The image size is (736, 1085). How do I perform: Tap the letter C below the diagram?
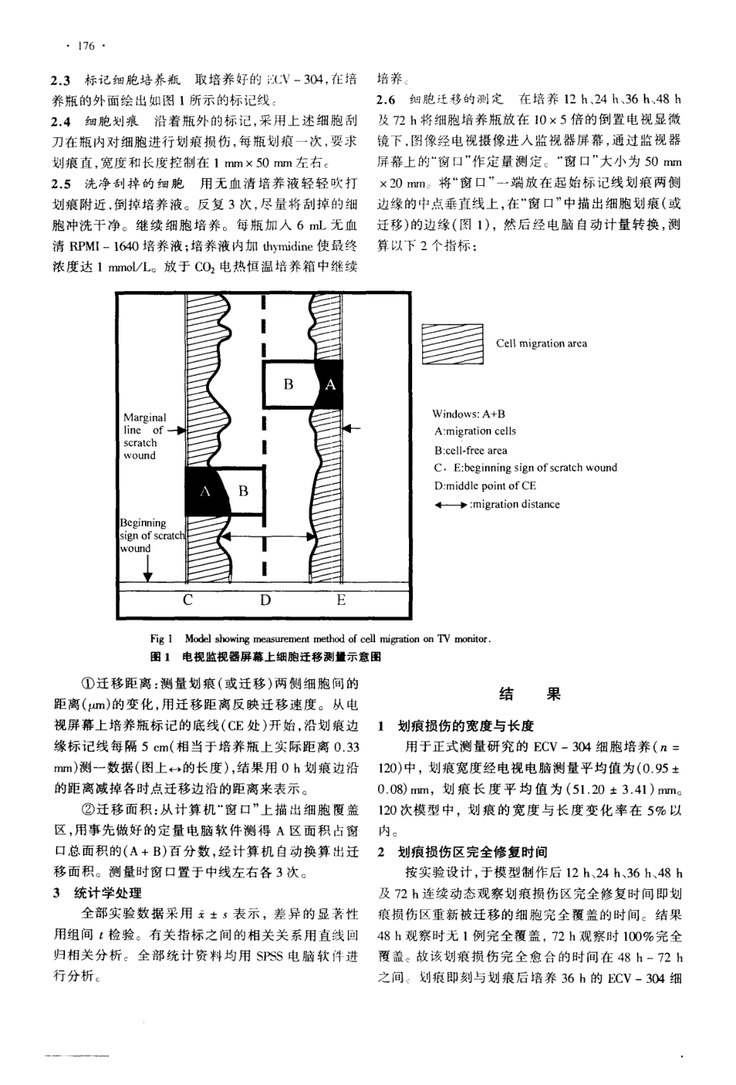(188, 600)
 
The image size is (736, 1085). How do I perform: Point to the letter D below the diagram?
(265, 600)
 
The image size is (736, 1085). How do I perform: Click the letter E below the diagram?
(341, 600)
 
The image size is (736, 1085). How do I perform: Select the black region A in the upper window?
(330, 383)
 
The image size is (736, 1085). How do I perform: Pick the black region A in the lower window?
(206, 491)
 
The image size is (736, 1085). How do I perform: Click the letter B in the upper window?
(288, 383)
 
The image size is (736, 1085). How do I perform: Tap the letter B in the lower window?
(243, 491)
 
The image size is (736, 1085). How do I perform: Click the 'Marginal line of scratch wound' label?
(145, 436)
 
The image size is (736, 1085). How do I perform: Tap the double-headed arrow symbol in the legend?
(452, 505)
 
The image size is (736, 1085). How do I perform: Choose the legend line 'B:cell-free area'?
(471, 450)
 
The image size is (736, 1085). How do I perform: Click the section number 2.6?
(386, 99)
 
